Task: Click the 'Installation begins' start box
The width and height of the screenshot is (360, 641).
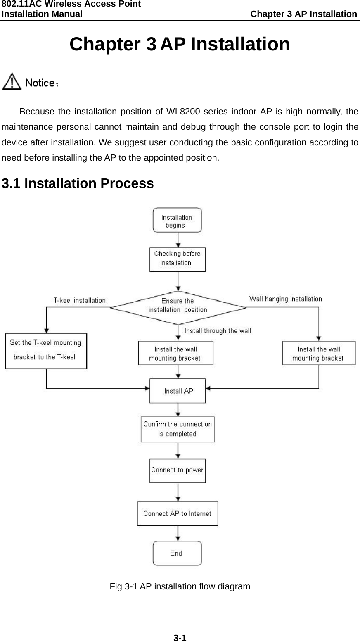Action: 177,220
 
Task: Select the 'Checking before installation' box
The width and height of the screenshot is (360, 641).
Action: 177,259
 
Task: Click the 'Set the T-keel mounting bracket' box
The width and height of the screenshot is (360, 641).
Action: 46,351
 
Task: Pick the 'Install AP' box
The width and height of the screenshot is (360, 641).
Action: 178,391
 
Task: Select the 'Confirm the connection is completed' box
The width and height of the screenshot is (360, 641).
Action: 178,429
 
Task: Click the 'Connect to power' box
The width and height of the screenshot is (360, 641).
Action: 178,470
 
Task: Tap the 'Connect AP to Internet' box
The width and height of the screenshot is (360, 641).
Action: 178,514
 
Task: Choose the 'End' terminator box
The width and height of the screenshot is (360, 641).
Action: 177,553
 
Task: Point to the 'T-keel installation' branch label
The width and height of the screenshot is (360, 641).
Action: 79,301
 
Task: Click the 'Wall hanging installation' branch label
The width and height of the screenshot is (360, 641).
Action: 285,299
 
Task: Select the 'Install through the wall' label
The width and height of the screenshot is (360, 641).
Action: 217,330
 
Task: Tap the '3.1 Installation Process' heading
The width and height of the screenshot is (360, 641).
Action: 78,183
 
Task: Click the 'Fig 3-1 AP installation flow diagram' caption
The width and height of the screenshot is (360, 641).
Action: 180,586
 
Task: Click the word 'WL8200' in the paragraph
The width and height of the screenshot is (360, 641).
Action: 184,112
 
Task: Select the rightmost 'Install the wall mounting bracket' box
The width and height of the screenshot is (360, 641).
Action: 318,353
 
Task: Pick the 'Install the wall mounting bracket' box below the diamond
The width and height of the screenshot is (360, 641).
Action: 175,353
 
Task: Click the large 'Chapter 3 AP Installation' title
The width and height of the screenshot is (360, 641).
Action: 180,45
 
